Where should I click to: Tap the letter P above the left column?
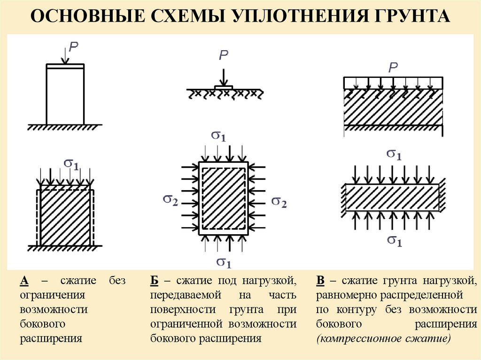pos(74,46)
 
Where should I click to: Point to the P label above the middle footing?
pos(224,55)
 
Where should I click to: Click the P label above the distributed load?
pos(393,67)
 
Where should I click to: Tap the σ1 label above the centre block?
pos(218,136)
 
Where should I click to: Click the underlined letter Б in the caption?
pos(155,281)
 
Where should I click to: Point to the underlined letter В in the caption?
pos(321,281)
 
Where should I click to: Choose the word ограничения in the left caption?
pos(52,295)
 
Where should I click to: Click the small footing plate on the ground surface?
pos(224,88)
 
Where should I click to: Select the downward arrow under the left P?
pos(65,57)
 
